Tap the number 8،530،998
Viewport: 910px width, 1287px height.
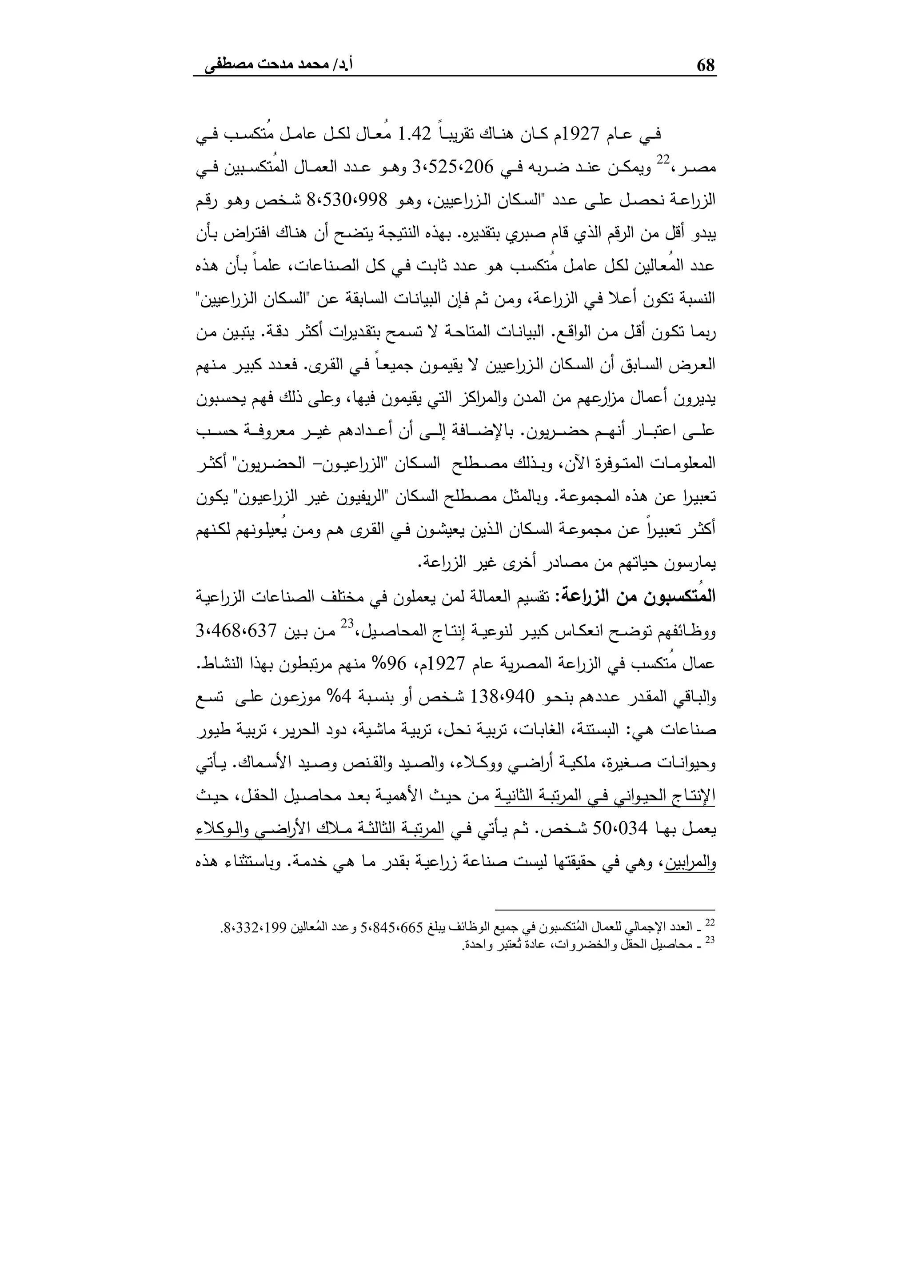348,200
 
